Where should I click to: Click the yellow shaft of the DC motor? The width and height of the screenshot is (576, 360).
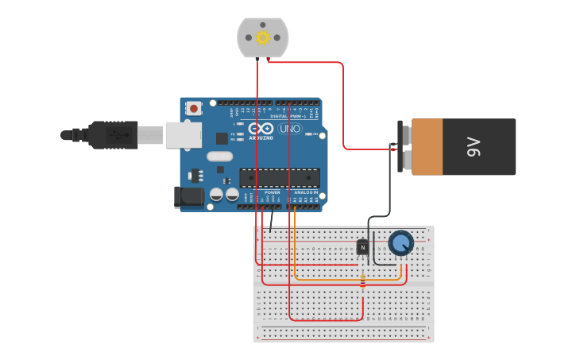pyautogui.click(x=262, y=37)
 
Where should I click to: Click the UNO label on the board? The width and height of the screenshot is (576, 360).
pyautogui.click(x=290, y=129)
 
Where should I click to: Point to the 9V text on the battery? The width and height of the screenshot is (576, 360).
pyautogui.click(x=474, y=146)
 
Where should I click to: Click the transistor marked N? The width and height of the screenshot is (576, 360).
pyautogui.click(x=362, y=248)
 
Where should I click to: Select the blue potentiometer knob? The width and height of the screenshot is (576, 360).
pyautogui.click(x=401, y=242)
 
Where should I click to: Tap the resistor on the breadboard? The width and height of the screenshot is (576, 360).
pyautogui.click(x=363, y=281)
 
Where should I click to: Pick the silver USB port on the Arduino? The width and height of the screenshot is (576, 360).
pyautogui.click(x=183, y=135)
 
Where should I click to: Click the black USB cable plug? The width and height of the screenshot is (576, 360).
pyautogui.click(x=111, y=135)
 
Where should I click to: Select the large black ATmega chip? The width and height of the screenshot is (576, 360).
pyautogui.click(x=280, y=179)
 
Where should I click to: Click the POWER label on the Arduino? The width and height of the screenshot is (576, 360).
pyautogui.click(x=272, y=192)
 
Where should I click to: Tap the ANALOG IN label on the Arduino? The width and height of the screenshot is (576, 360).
pyautogui.click(x=305, y=192)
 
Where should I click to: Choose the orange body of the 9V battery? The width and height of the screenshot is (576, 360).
pyautogui.click(x=427, y=146)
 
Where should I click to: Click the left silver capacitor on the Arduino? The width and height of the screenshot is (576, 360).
pyautogui.click(x=216, y=194)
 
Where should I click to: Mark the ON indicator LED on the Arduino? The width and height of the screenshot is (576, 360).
pyautogui.click(x=310, y=134)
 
